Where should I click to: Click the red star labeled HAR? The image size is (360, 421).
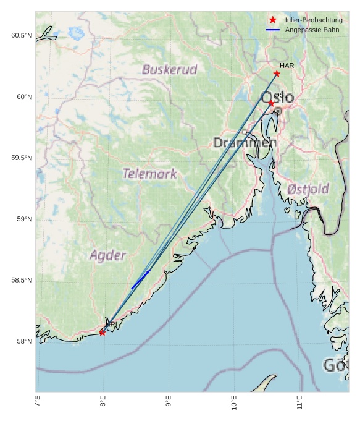coord(277,74)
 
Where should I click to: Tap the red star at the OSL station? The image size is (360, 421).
coord(271,103)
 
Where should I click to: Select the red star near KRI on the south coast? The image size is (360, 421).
coord(102,333)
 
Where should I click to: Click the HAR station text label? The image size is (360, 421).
coord(287,66)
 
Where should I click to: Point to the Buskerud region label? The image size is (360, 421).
coord(169,69)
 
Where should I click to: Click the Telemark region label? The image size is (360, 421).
coord(149,174)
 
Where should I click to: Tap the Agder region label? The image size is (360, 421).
coord(107,255)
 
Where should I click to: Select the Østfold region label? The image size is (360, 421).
coord(308,189)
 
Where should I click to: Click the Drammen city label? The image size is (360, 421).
coord(245,143)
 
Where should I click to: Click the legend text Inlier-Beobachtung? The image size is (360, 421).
coord(314,20)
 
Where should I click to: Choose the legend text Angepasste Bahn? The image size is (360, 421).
coord(312,30)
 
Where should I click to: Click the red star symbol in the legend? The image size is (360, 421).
coord(273,20)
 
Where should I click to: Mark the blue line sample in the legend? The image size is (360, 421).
coord(273,30)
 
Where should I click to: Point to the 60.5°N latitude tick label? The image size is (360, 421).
coord(21,36)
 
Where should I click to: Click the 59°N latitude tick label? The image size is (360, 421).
coord(24,219)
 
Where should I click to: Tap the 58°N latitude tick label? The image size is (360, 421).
coord(24,342)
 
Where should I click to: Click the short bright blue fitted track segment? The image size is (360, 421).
coord(140,279)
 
